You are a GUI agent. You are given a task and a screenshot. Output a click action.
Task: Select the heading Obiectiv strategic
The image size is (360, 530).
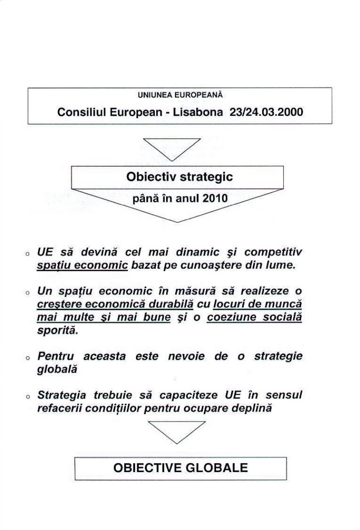pyautogui.click(x=180, y=177)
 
